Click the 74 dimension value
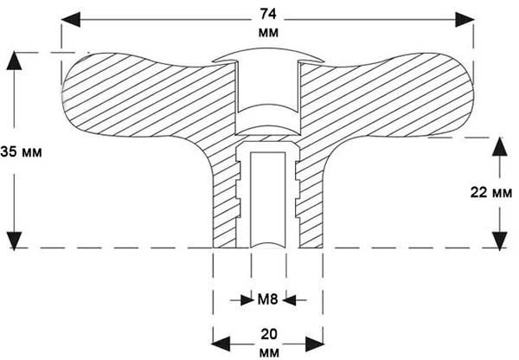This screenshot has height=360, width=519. (268, 14)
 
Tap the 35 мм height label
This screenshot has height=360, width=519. (21, 152)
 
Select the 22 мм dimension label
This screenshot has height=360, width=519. (491, 192)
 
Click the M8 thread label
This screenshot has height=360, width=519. (267, 299)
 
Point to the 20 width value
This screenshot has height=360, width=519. (268, 335)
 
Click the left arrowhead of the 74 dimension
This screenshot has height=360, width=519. (71, 20)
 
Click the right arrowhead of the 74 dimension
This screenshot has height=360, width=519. (465, 20)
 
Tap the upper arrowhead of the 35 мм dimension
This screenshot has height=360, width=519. (14, 61)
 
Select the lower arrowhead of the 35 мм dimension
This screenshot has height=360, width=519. (14, 241)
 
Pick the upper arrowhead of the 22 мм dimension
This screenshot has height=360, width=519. (499, 147)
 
